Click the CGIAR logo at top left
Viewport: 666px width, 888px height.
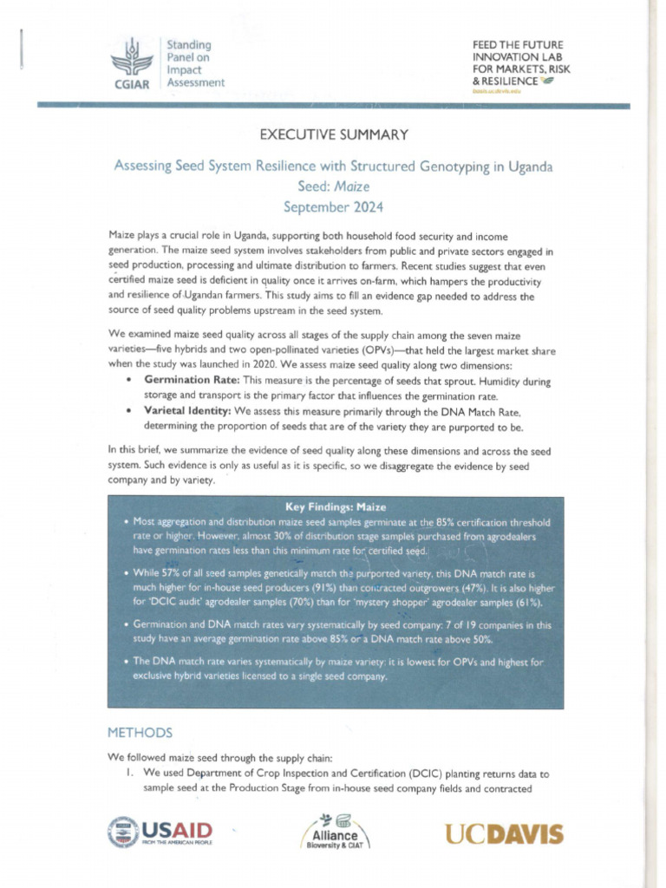pyautogui.click(x=131, y=63)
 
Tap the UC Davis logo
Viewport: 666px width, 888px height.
pyautogui.click(x=504, y=834)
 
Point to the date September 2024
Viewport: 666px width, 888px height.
pyautogui.click(x=333, y=206)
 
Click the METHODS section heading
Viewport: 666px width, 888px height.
pyautogui.click(x=140, y=733)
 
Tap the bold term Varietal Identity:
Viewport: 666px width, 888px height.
pyautogui.click(x=186, y=411)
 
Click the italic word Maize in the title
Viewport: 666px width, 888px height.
pyautogui.click(x=354, y=186)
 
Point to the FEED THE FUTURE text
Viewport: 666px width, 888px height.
pyautogui.click(x=517, y=44)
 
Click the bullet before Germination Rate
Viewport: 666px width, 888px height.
pyautogui.click(x=129, y=381)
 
